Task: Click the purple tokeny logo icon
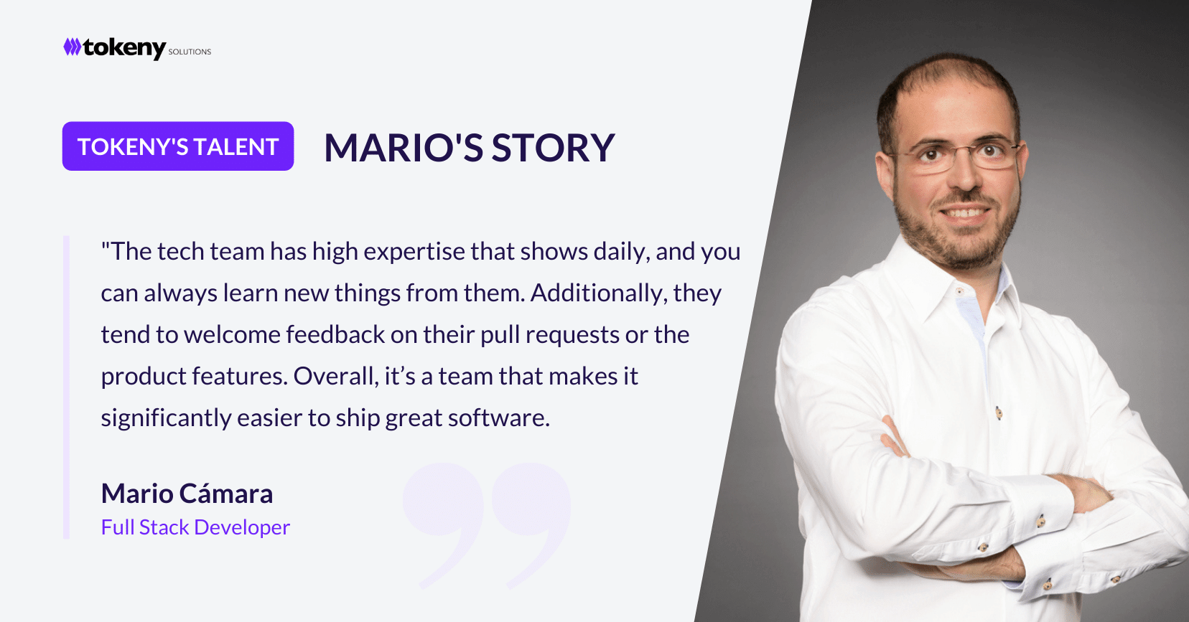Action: click(73, 47)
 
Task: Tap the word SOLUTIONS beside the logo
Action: click(190, 52)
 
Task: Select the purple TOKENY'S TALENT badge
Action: click(178, 146)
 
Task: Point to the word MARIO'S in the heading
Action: click(404, 147)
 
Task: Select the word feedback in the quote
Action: click(335, 334)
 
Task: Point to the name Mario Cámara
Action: click(187, 494)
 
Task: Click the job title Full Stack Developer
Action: click(195, 527)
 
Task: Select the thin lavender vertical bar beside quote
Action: click(66, 387)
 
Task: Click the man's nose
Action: click(965, 178)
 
